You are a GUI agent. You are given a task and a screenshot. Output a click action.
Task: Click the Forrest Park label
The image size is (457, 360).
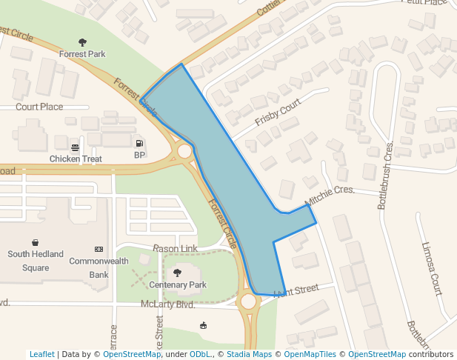point(82,54)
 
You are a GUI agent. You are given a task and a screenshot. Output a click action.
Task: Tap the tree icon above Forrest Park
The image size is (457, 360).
point(82,43)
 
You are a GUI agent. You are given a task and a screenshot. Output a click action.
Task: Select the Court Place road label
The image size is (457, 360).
point(39,107)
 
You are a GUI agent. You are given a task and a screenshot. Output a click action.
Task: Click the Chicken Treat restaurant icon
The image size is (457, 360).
point(76,147)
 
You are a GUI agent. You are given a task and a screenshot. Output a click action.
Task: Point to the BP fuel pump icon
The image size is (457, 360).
point(139,143)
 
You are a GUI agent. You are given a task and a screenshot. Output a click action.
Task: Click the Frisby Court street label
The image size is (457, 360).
point(278,112)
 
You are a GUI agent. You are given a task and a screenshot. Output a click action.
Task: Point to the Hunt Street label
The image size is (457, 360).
point(296,290)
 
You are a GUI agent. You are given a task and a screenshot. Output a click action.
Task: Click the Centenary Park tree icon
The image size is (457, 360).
point(177,273)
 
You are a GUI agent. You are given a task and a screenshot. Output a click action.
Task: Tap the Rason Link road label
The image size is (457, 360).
point(175,248)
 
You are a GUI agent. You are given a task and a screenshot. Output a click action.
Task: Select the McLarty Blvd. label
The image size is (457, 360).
point(167,304)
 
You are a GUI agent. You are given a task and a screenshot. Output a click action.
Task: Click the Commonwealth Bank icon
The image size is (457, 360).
point(99,249)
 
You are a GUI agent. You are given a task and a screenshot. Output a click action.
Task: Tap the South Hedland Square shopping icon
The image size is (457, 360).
point(36,242)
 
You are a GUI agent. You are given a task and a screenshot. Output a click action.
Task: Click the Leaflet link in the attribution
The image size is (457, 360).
point(42,355)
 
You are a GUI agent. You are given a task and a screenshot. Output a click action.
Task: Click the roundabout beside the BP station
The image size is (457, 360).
point(184,151)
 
